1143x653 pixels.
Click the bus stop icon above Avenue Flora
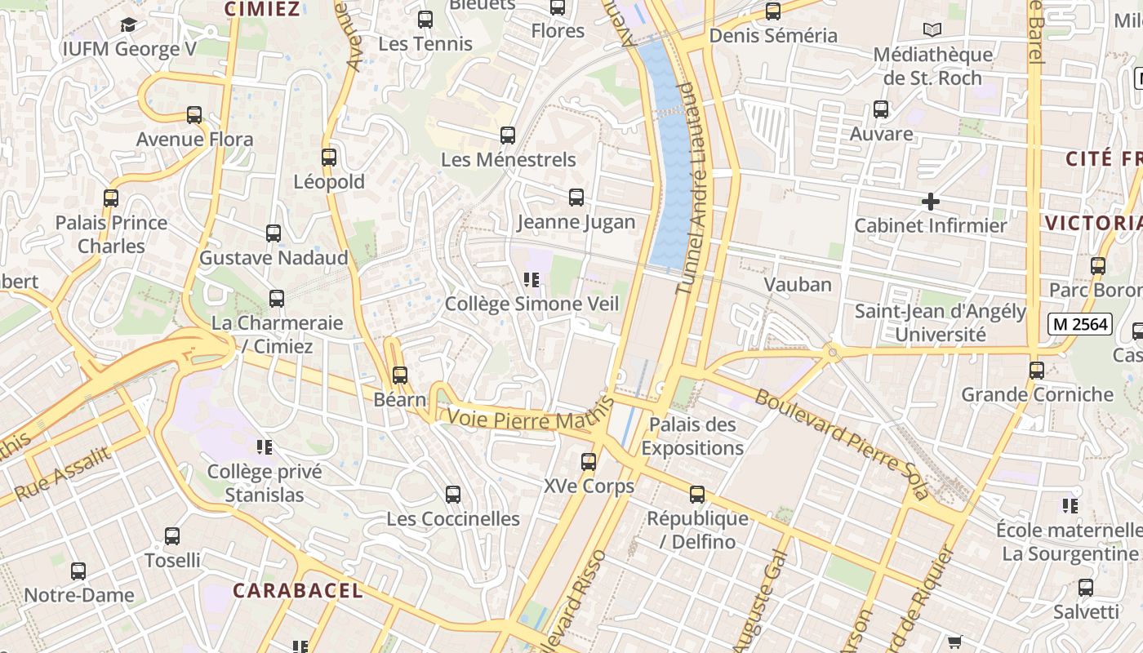(x=194, y=115)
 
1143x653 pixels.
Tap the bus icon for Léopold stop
(x=329, y=158)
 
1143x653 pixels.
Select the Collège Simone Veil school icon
(x=532, y=281)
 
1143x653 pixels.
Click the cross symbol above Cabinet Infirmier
(x=930, y=202)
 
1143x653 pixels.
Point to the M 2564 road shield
(x=1080, y=324)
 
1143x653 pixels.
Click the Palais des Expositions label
(x=692, y=437)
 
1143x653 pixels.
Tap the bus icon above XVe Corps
(x=589, y=462)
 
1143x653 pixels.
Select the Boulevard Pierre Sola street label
(x=842, y=443)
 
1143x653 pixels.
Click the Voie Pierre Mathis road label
(x=529, y=418)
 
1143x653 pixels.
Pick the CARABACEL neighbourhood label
(x=297, y=590)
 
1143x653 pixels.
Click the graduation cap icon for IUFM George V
(x=128, y=25)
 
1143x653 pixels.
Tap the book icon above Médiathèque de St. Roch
(x=932, y=30)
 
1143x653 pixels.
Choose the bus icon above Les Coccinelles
(x=453, y=495)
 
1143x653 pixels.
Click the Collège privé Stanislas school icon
(x=265, y=447)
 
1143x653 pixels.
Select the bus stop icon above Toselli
(x=172, y=536)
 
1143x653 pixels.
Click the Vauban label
(x=798, y=285)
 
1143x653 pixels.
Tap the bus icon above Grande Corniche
(x=1037, y=371)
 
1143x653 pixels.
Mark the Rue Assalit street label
(x=63, y=474)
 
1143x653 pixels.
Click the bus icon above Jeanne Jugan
(x=576, y=198)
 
